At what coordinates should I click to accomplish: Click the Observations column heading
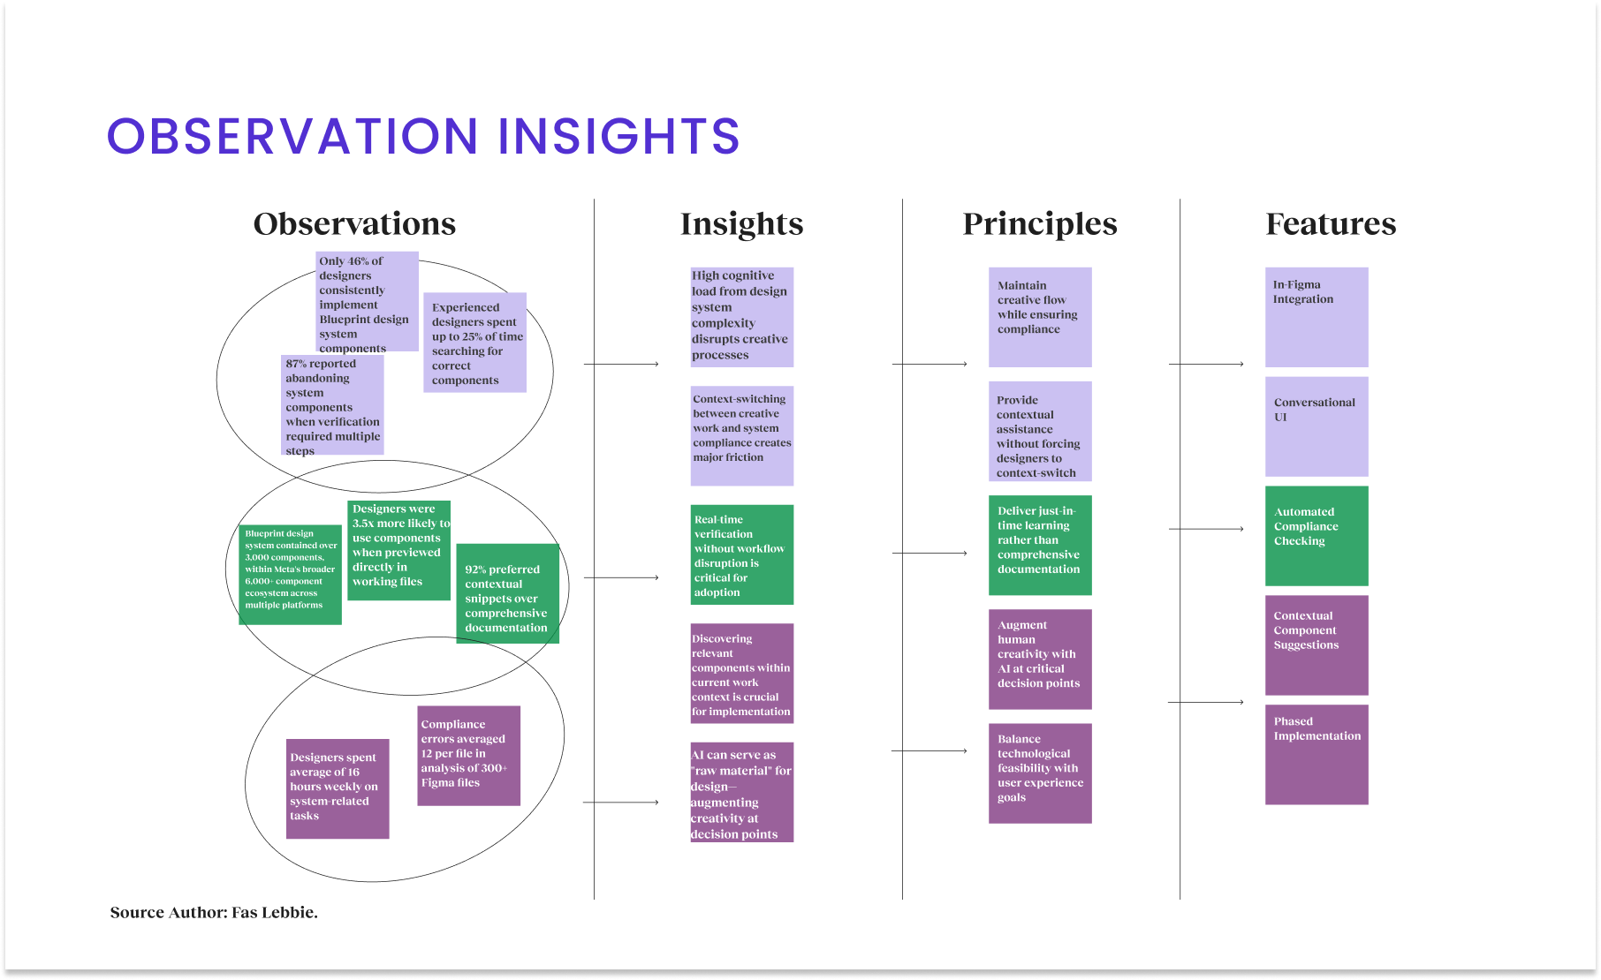tap(354, 224)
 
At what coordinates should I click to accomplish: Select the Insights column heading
tap(741, 224)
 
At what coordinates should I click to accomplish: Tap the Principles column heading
tap(1039, 224)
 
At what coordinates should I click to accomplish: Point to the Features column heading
tap(1331, 224)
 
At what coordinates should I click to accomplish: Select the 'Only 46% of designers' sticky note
tap(367, 301)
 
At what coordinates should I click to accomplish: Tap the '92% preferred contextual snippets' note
tap(507, 593)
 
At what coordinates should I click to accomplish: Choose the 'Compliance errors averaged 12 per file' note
tap(468, 756)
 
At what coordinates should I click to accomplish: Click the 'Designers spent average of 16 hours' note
tap(338, 788)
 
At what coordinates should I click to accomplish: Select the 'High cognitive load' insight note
tap(741, 316)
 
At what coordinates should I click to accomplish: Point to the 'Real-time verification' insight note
tap(741, 554)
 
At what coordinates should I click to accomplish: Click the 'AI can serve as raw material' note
tap(741, 792)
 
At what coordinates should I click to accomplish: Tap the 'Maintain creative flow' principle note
tap(1039, 316)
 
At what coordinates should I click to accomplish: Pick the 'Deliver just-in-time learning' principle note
tap(1039, 545)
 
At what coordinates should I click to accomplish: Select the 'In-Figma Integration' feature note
tap(1316, 316)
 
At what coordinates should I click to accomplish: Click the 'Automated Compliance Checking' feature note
tap(1316, 535)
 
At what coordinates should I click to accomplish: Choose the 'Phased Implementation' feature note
tap(1316, 754)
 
